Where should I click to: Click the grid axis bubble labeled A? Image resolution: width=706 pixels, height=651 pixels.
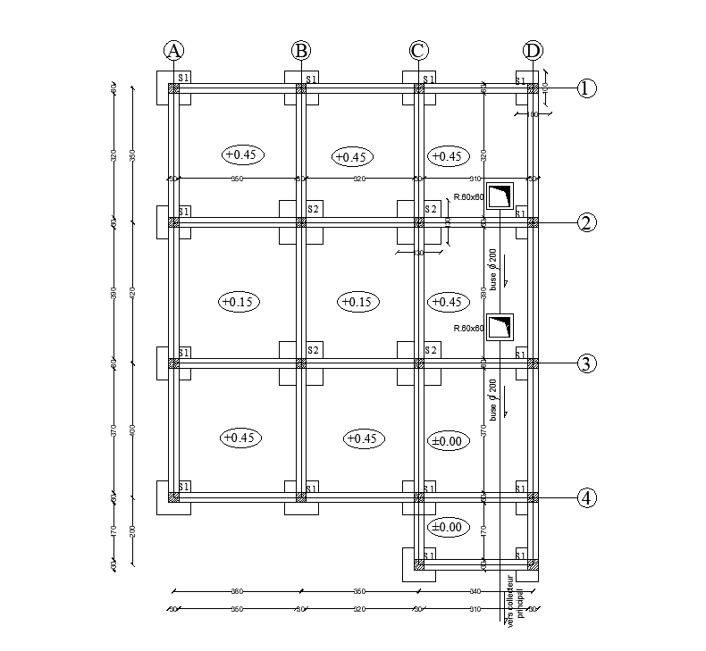coord(173,51)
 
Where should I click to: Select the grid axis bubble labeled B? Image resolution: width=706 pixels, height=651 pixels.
coord(301,51)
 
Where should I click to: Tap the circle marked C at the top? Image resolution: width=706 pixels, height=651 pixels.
coord(417,51)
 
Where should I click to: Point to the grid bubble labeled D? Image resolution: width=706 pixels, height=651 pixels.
coord(533,51)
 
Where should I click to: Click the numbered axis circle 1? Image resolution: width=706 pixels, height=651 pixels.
coord(586,88)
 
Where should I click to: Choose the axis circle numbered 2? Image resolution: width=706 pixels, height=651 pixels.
coord(586,222)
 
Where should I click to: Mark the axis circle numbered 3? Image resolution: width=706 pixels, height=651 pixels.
coord(586,363)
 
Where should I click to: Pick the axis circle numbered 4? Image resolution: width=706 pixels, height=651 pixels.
coord(586,497)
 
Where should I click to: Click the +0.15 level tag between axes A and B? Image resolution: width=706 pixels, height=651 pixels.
coord(239,302)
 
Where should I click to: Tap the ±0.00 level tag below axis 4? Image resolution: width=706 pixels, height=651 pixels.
coord(446,527)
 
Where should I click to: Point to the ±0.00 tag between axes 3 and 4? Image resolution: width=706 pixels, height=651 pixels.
coord(446,441)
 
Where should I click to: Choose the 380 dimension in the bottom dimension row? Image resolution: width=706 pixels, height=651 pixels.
coord(237,591)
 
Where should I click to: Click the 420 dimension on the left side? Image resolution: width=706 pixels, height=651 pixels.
coord(132,292)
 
